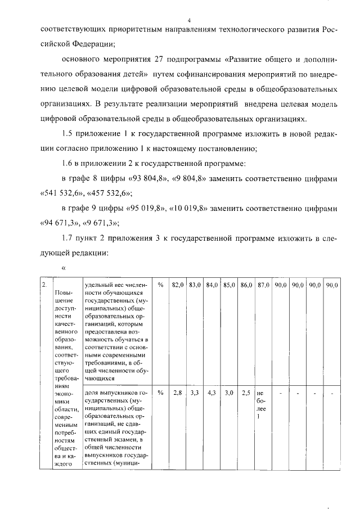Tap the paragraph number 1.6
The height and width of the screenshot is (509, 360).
coord(69,164)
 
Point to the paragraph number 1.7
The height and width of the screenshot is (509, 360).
coord(69,238)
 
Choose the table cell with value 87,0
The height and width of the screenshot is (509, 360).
coord(263,286)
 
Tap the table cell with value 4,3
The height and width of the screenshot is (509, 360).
coord(211,393)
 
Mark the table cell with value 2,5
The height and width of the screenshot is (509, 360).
coord(246,393)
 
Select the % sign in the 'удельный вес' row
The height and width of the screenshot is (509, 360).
coord(160,286)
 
